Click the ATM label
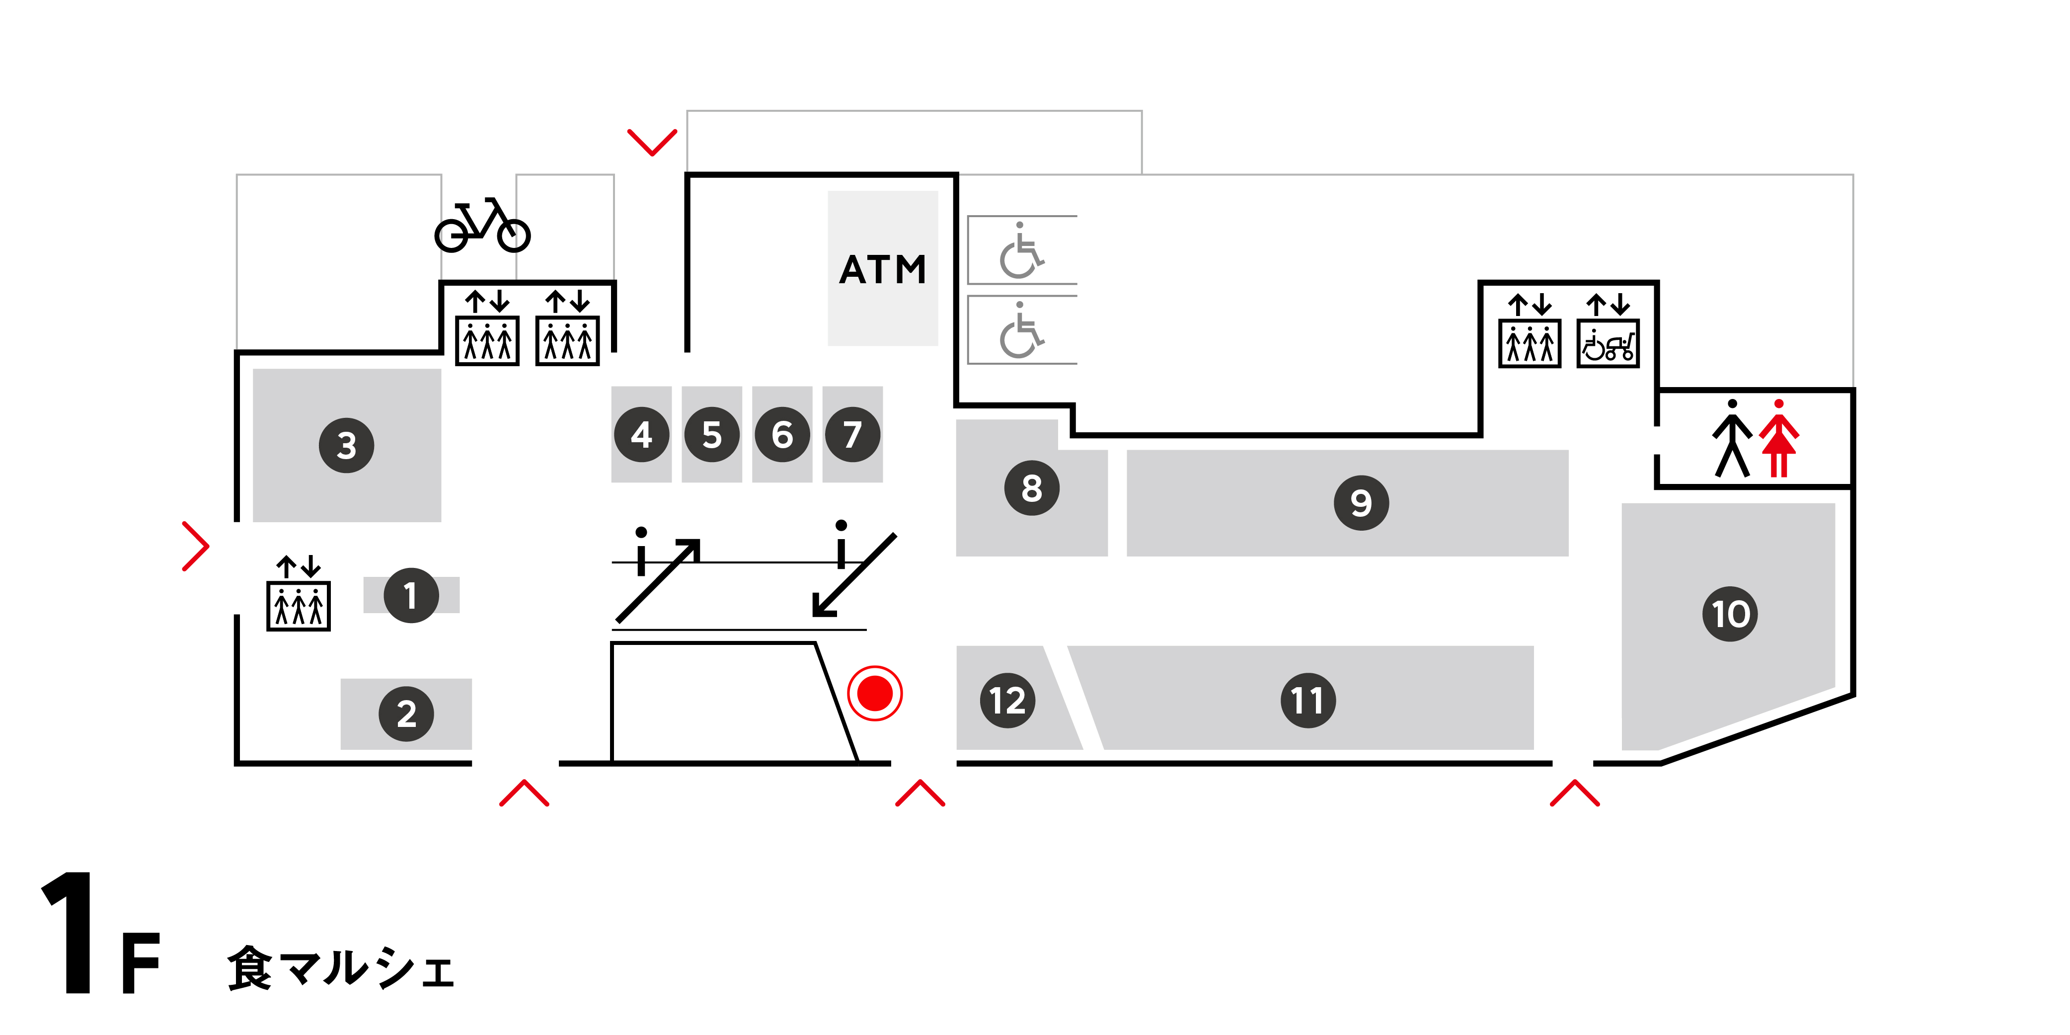(x=882, y=269)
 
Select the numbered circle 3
(x=346, y=445)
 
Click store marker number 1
(x=411, y=595)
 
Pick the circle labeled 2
(x=407, y=714)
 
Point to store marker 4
(x=641, y=435)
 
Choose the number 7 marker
(x=852, y=435)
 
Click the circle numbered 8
(x=1032, y=488)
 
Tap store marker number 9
(x=1361, y=503)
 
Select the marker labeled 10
(x=1730, y=614)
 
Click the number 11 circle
(x=1307, y=700)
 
